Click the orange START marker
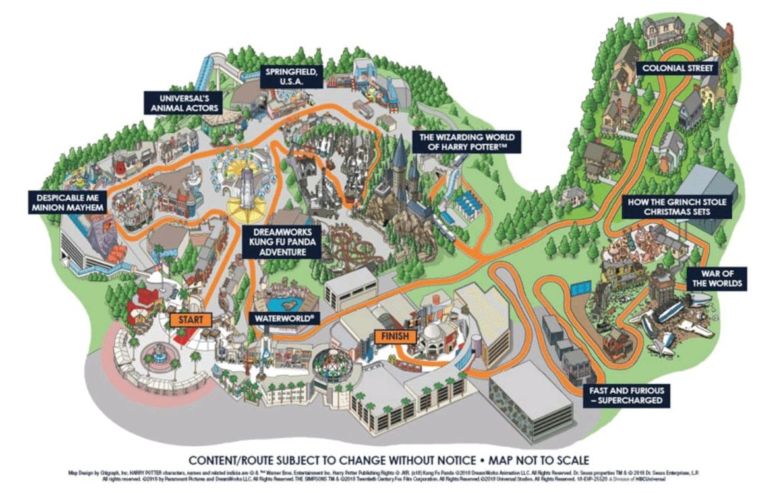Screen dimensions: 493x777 (x=190, y=320)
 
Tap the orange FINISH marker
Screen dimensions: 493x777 (x=395, y=336)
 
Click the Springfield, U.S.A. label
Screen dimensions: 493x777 (x=293, y=76)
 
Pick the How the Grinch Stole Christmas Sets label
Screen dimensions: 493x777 (x=677, y=207)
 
